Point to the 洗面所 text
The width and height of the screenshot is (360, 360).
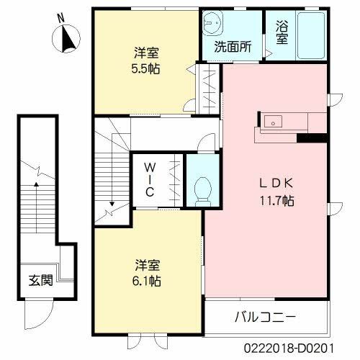point(232,48)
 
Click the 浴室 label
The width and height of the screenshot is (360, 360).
point(282,32)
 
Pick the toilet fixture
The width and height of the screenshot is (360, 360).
point(202,189)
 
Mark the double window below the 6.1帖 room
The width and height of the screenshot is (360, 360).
point(148,339)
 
